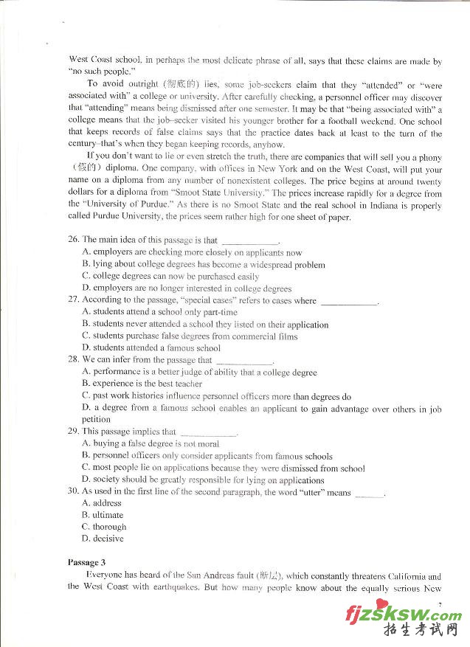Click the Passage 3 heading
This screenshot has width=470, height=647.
[x=87, y=562]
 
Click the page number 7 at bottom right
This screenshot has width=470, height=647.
[x=440, y=604]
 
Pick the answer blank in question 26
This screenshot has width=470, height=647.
[x=250, y=241]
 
